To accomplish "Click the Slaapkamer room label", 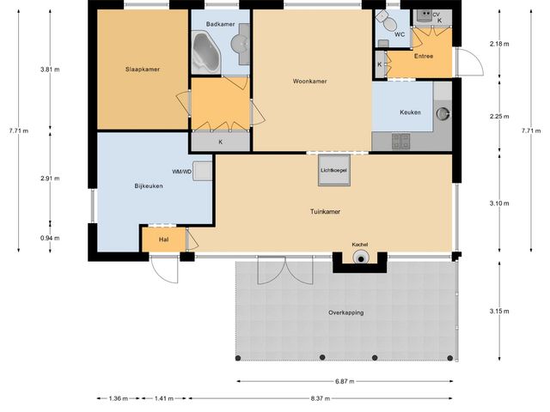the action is [x=143, y=70].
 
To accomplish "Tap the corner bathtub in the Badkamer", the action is [x=205, y=52].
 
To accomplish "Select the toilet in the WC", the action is [x=387, y=21].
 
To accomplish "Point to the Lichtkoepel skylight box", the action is [x=334, y=170].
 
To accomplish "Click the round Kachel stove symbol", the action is [x=361, y=257].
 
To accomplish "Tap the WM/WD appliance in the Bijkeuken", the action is [x=203, y=172].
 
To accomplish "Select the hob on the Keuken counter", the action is [x=400, y=141].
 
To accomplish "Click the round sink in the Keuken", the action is [x=443, y=113].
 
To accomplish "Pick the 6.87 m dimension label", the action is [x=345, y=381].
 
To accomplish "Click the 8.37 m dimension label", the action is [x=321, y=398].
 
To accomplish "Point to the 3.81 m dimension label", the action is [x=50, y=70].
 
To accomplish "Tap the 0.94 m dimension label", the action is [x=50, y=239].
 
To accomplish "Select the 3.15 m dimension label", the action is [x=499, y=311].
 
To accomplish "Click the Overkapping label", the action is [x=345, y=312].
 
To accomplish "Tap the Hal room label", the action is [x=163, y=239].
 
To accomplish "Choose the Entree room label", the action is [x=424, y=56].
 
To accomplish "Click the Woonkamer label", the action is [x=309, y=82].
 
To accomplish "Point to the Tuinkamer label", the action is [x=325, y=212].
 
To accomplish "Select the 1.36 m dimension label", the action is [x=119, y=398].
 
